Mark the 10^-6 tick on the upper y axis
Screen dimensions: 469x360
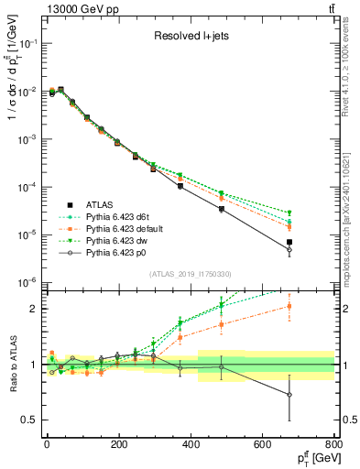point(25,282)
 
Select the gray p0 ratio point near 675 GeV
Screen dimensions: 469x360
point(289,395)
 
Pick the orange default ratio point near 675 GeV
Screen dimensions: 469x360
point(289,307)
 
